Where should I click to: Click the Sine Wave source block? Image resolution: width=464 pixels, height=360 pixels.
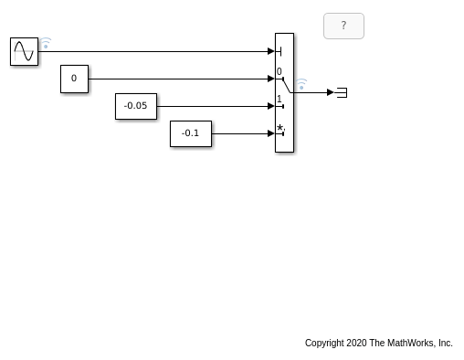[x=24, y=51]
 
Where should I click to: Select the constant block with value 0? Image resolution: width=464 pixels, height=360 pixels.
[x=74, y=79]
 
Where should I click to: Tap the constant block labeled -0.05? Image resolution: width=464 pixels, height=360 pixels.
[x=136, y=106]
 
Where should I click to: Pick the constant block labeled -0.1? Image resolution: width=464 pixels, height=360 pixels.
[x=191, y=133]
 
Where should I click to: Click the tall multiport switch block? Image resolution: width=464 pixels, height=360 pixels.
[x=284, y=92]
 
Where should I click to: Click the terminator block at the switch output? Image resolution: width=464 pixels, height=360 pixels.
[x=342, y=92]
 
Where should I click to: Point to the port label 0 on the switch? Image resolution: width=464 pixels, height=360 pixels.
[x=279, y=71]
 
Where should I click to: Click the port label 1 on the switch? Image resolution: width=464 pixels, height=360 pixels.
[x=279, y=99]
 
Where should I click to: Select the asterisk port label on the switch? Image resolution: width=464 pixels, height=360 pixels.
[x=280, y=128]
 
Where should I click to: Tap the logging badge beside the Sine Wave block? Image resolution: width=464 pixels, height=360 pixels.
[x=46, y=43]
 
